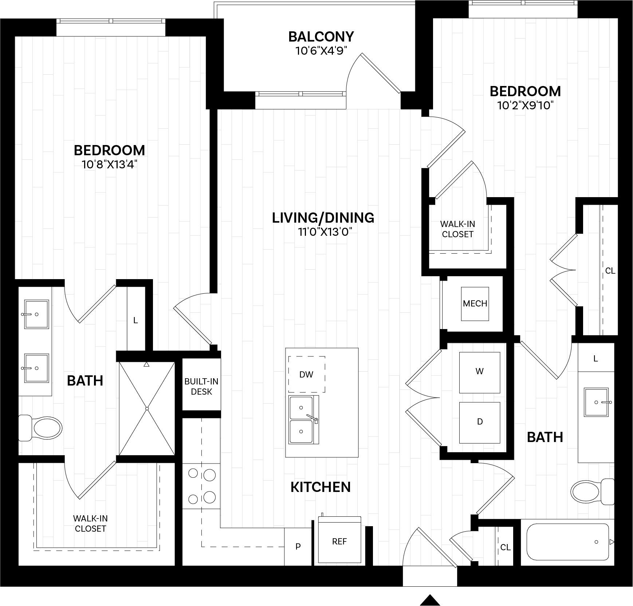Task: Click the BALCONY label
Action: pyautogui.click(x=321, y=37)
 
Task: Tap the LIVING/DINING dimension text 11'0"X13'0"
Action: pyautogui.click(x=323, y=232)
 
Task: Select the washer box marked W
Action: pyautogui.click(x=479, y=372)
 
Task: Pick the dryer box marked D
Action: pyautogui.click(x=479, y=422)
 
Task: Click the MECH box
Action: pyautogui.click(x=475, y=304)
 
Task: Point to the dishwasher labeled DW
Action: pyautogui.click(x=306, y=374)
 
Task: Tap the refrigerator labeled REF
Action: pyautogui.click(x=339, y=542)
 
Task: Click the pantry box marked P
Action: pyautogui.click(x=298, y=547)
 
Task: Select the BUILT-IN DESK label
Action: pyautogui.click(x=201, y=386)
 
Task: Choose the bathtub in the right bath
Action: pyautogui.click(x=567, y=542)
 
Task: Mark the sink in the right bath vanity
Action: pyautogui.click(x=596, y=402)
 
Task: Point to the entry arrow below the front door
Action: pyautogui.click(x=430, y=600)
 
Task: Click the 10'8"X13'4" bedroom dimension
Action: pyautogui.click(x=109, y=165)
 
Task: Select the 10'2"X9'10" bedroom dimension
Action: pyautogui.click(x=525, y=106)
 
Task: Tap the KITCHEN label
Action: pyautogui.click(x=321, y=487)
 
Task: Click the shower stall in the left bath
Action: pyautogui.click(x=147, y=408)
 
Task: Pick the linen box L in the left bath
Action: pyautogui.click(x=135, y=320)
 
